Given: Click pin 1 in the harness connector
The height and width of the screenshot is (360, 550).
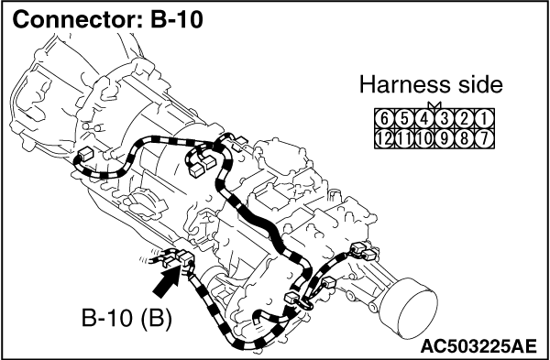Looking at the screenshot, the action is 484,119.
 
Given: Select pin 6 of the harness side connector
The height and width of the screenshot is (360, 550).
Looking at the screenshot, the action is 384,119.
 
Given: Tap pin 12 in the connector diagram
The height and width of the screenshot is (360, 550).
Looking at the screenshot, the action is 384,139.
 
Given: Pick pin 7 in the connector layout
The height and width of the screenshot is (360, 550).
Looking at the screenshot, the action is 484,139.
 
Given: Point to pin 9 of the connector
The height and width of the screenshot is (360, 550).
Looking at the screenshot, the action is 444,139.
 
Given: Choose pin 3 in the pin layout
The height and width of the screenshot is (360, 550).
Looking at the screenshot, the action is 444,119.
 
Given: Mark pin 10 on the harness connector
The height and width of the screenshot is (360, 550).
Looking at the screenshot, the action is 424,139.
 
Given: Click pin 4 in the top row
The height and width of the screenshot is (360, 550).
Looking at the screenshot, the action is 424,119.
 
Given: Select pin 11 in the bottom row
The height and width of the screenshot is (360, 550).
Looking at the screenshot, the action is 404,139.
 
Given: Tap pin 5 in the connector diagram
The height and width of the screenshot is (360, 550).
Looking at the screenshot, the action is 404,119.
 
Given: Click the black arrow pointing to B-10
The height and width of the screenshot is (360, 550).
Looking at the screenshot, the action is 167,283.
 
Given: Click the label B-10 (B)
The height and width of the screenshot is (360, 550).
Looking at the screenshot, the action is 127,318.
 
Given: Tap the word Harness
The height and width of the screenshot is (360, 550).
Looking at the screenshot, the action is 401,85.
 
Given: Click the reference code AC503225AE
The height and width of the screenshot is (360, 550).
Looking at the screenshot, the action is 478,346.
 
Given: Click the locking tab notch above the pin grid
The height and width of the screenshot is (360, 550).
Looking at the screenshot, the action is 434,104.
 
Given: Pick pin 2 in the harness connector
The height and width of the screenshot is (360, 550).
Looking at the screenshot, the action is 464,119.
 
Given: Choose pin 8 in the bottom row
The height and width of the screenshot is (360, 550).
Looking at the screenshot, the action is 464,139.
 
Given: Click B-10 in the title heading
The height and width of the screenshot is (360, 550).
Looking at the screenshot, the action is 177,19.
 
